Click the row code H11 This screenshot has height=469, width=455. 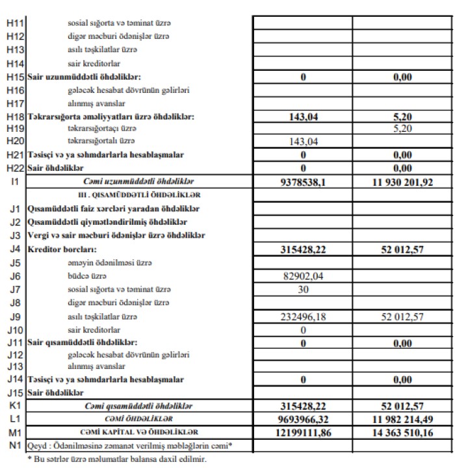pyautogui.click(x=14, y=23)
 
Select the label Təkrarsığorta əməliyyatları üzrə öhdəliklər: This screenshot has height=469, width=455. pyautogui.click(x=111, y=117)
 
